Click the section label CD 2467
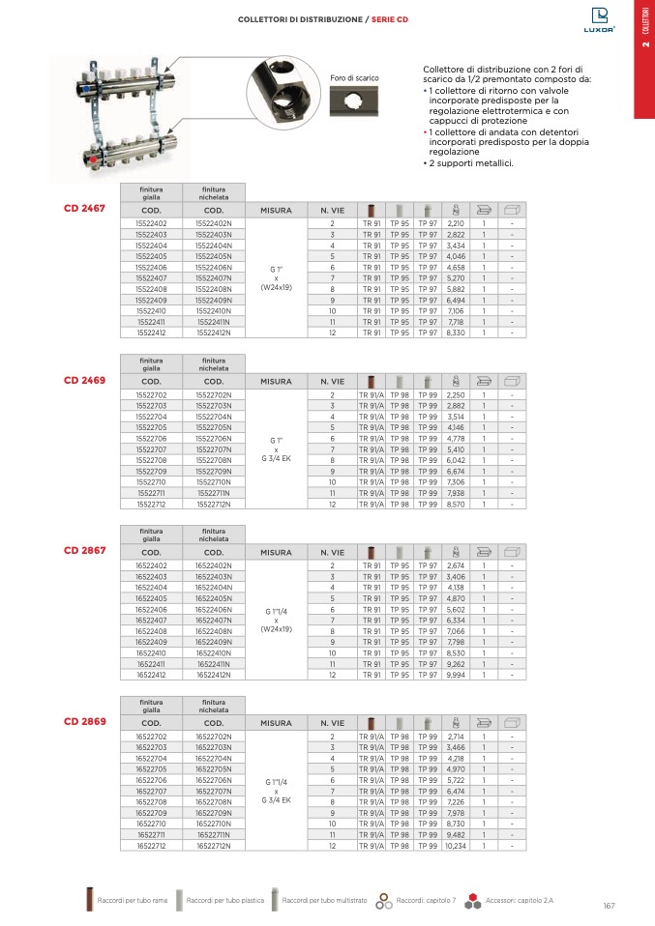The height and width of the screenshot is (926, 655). point(84,208)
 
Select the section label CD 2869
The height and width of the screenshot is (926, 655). point(84,722)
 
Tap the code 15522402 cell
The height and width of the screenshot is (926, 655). point(151,223)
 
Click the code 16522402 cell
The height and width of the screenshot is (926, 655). point(151,564)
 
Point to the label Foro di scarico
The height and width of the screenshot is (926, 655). point(354,77)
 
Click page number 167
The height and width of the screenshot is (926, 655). point(609,905)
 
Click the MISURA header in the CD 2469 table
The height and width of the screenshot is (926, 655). point(276,381)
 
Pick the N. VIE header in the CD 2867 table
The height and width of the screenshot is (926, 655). point(332,552)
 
